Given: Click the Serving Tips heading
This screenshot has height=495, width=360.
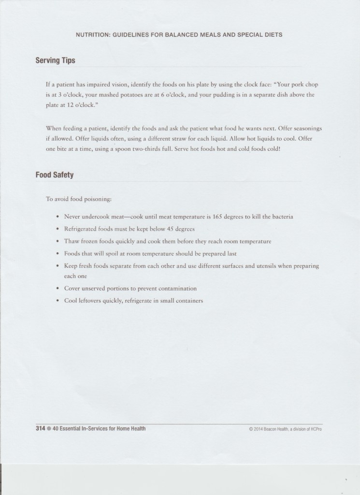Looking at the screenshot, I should (x=55, y=61).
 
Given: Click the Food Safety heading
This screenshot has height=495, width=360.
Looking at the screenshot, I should (x=54, y=175).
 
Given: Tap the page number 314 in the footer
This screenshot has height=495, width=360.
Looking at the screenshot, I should (x=40, y=428).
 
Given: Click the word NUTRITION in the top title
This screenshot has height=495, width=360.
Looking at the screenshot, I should (x=93, y=35).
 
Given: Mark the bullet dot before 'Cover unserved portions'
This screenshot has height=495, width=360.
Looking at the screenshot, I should (x=58, y=288).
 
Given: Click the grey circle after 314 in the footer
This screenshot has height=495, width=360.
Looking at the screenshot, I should (x=49, y=428).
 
